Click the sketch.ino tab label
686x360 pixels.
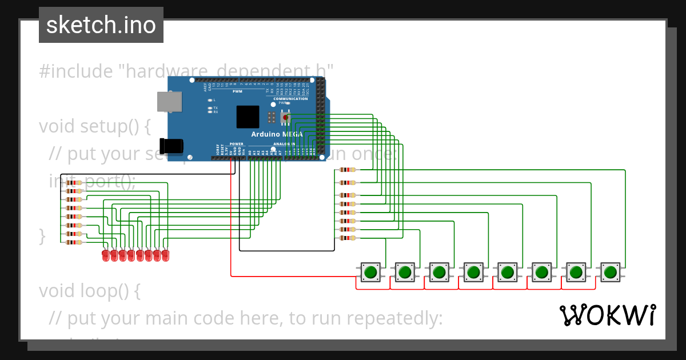click(101, 25)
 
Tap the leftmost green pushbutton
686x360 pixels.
click(370, 272)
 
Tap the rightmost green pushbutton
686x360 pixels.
click(610, 272)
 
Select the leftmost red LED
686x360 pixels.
click(105, 255)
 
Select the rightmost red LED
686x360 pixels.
click(165, 255)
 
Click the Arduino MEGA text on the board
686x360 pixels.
click(277, 134)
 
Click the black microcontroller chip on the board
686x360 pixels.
click(248, 117)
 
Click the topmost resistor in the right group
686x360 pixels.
click(347, 170)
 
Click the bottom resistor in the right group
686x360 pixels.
click(347, 238)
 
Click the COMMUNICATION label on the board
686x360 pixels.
click(290, 99)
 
